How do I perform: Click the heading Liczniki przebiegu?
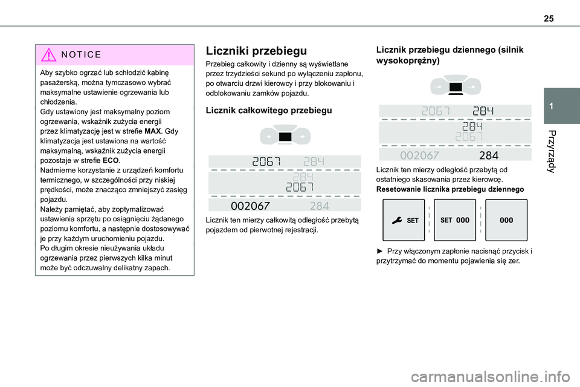(248, 51)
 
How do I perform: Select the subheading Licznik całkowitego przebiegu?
(269, 111)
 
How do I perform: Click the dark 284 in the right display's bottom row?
(488, 155)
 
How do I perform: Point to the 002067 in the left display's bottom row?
(251, 205)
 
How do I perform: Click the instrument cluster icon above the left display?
(285, 138)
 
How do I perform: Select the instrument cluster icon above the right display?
(456, 88)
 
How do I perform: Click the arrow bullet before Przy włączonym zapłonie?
(380, 251)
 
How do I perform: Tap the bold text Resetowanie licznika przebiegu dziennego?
(449, 189)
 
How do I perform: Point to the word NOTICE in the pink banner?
(85, 54)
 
